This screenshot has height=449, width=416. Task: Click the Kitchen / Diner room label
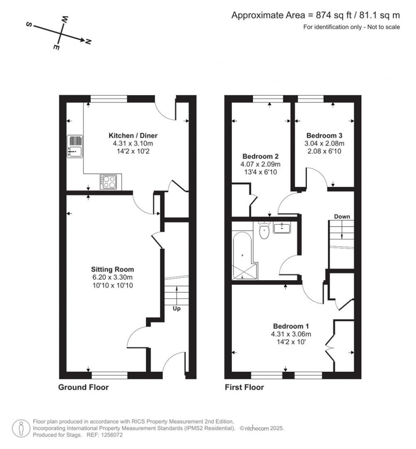tap(133, 135)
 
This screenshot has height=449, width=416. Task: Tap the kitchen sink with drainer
tap(75, 146)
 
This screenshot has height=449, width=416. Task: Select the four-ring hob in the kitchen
tap(108, 181)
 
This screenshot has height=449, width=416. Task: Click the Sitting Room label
tap(113, 269)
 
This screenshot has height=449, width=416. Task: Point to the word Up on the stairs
tap(177, 309)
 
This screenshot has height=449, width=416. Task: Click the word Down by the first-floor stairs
tap(342, 216)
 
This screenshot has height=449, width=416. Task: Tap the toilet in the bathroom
tap(264, 231)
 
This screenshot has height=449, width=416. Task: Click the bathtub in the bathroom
tap(243, 255)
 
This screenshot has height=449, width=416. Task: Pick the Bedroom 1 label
tap(291, 326)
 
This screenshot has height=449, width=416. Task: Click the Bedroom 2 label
tap(260, 156)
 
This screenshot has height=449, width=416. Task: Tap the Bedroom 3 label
tap(324, 135)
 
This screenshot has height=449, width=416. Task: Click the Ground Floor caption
tap(83, 387)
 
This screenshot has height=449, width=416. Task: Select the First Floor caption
tap(244, 387)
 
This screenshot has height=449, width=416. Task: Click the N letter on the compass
tap(88, 42)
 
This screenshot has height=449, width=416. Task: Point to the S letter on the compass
tap(29, 24)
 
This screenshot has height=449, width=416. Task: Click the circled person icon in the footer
tap(21, 428)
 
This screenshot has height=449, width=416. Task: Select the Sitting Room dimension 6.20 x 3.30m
tap(113, 277)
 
